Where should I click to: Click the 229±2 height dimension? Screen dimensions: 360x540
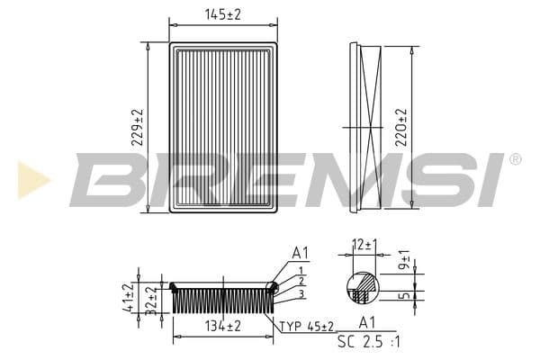coord(137,127)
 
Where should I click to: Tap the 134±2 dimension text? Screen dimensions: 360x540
coord(222,326)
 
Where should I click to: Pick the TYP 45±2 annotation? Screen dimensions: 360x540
coord(306,326)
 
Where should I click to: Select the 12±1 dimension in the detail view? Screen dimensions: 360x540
coord(364,245)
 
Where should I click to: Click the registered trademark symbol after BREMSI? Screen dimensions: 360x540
coord(515,159)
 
